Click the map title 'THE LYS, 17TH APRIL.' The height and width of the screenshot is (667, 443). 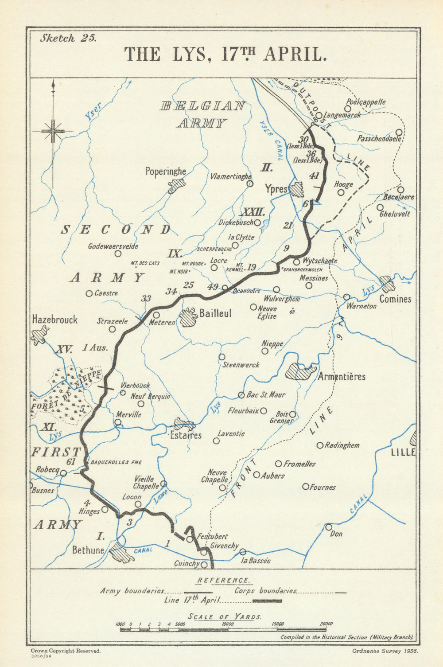225,54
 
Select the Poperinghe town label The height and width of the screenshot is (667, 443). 166,172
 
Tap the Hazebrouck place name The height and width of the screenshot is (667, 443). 55,320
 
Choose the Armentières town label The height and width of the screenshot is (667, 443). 342,377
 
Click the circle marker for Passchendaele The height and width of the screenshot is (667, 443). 399,132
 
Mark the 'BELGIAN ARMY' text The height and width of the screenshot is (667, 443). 202,114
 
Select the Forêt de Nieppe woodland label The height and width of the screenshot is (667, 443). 66,392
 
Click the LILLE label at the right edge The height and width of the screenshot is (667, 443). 403,452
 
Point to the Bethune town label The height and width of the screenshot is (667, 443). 88,550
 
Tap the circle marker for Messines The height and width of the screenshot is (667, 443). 309,285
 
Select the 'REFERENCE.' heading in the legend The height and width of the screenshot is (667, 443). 223,580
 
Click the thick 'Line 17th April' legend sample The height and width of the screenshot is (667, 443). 267,601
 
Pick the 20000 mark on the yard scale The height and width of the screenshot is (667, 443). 326,624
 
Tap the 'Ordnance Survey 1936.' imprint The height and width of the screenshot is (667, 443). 384,651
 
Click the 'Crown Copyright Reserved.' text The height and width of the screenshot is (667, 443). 66,651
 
